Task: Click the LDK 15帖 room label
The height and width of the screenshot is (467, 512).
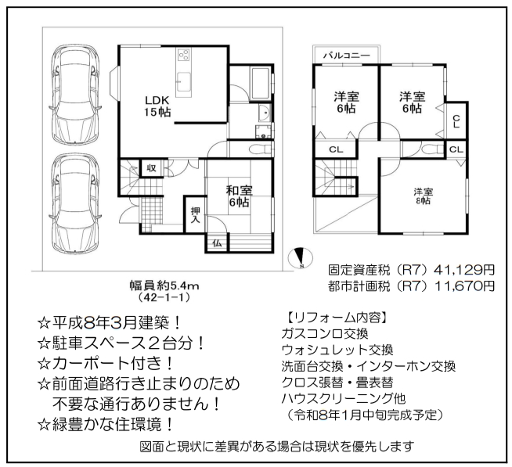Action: tap(157, 106)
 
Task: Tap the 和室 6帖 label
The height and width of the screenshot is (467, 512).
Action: tap(239, 196)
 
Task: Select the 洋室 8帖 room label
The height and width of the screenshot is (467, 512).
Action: tap(424, 196)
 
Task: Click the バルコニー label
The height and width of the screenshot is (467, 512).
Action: tap(347, 56)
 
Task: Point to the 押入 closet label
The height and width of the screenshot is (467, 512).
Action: tap(195, 215)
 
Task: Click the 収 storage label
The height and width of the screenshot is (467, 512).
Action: tap(151, 168)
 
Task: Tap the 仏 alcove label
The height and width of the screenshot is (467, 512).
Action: tap(217, 243)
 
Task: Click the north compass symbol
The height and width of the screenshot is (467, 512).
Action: tap(300, 258)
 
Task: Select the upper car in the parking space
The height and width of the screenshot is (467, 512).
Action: tap(76, 93)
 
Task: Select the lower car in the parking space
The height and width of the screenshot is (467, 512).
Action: tap(76, 203)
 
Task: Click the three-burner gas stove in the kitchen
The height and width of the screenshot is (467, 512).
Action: tap(184, 55)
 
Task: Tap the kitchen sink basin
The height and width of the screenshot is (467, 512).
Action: tap(183, 80)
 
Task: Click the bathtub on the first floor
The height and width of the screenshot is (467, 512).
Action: tap(260, 84)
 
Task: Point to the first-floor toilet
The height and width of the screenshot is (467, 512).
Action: tap(260, 149)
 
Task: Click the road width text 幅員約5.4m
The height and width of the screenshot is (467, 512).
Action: tap(164, 286)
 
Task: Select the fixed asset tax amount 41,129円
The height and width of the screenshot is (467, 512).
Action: tap(464, 270)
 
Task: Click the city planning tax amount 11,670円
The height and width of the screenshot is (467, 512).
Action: tap(464, 286)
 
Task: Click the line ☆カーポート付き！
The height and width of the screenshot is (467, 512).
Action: tap(106, 364)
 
